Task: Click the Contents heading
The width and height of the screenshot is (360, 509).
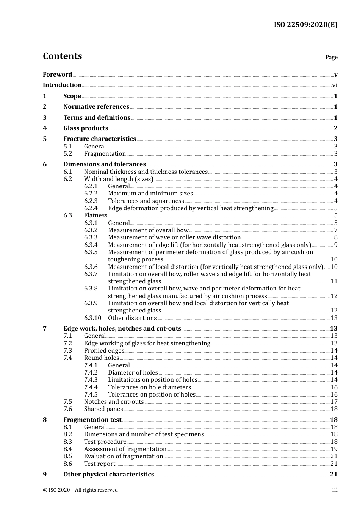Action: [62, 56]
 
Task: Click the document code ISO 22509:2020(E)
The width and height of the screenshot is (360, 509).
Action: [305, 25]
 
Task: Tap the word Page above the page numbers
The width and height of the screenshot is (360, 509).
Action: [331, 57]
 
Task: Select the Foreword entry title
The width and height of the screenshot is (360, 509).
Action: [57, 75]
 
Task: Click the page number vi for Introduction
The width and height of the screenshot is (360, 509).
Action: [335, 85]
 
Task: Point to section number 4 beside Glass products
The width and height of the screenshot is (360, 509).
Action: [45, 128]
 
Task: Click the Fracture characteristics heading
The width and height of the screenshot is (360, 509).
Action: [99, 139]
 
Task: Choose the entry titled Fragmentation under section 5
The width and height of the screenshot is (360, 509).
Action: [105, 154]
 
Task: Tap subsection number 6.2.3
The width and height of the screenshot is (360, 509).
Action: [91, 201]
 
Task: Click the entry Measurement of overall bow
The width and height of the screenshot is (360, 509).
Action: [148, 230]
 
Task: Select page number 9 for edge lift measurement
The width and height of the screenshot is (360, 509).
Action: [336, 245]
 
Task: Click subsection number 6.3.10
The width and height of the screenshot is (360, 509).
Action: [92, 318]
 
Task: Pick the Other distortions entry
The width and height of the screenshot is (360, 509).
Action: [132, 318]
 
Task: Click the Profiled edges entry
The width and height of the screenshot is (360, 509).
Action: [104, 351]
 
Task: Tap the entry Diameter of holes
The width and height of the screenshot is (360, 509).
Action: [133, 373]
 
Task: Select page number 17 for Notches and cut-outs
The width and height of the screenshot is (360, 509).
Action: [334, 402]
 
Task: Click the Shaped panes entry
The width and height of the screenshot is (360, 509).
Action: [103, 409]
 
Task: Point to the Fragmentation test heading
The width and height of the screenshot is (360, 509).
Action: [92, 420]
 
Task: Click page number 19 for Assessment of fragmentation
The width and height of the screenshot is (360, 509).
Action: [334, 449]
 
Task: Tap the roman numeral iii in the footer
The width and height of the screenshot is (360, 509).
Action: [335, 490]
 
